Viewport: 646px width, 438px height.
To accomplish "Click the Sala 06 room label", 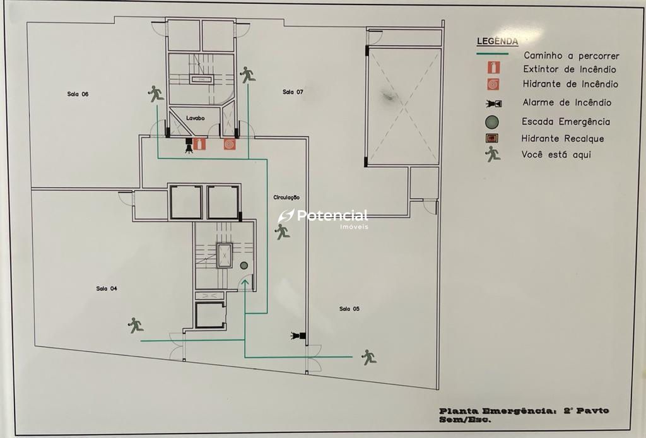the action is (x=78, y=94).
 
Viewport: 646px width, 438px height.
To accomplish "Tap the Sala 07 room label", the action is (x=293, y=92).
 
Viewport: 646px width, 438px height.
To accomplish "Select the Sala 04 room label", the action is (x=107, y=288).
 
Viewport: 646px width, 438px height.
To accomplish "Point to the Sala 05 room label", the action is (x=349, y=309).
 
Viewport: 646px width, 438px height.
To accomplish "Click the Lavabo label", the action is (x=196, y=118).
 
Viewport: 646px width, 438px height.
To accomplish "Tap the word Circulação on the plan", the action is (x=286, y=198).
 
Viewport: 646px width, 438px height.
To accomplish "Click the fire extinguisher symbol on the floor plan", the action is (x=200, y=144).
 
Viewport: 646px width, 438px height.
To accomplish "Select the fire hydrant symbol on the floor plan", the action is (x=230, y=144).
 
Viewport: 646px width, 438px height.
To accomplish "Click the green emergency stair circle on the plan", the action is (x=244, y=265).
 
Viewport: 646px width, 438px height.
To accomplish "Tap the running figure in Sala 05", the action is (x=368, y=357).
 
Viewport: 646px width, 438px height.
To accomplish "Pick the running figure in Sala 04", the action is (x=136, y=325).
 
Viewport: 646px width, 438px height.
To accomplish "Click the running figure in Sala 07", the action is (x=247, y=74).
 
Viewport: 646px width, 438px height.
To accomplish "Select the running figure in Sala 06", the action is (x=156, y=94).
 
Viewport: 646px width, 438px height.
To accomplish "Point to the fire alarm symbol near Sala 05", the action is (x=298, y=335).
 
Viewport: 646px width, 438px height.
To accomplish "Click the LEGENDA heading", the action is (x=497, y=41).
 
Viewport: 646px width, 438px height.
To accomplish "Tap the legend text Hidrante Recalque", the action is (x=563, y=138).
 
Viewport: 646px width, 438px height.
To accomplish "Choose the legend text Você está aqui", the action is (x=556, y=155).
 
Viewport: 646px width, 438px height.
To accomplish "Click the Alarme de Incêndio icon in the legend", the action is (x=493, y=103).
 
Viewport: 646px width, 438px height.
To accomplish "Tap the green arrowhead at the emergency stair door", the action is (x=245, y=282).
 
